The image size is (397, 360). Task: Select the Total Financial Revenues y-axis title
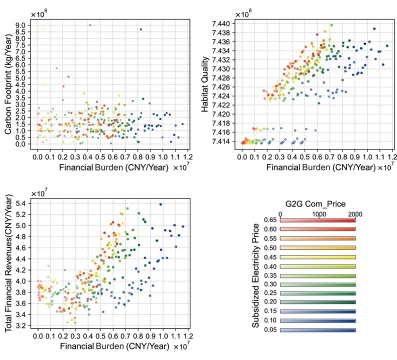tap(8, 265)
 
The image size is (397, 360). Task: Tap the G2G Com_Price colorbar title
tap(317, 204)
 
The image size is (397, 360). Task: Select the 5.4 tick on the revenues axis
tap(22, 203)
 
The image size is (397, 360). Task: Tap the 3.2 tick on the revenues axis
tap(22, 325)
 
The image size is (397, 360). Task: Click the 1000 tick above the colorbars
tap(319, 213)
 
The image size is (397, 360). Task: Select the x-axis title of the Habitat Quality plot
tap(311, 163)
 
